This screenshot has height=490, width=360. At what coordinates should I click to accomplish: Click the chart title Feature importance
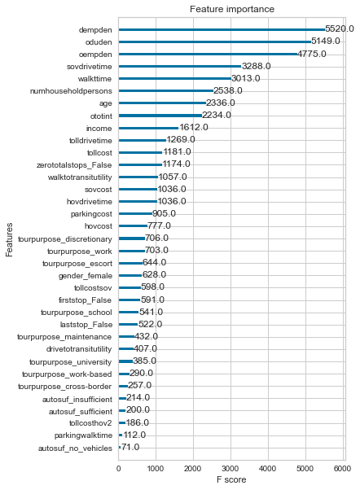coord(232,9)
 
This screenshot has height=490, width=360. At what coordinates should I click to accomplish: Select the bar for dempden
coord(222,29)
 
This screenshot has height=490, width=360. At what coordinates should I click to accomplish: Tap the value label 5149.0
coord(325,41)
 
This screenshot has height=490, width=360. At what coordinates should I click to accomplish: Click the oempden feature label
coord(95,55)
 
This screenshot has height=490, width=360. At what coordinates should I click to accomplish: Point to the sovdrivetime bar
coord(180,66)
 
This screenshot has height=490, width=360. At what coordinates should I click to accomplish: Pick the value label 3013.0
coord(245,78)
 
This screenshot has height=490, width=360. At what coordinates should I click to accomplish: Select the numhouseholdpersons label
coord(71,91)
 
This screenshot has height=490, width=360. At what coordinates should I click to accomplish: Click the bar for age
coord(162,103)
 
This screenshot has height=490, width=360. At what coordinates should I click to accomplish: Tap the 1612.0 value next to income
coord(194,127)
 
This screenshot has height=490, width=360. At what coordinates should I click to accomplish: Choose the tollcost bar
coord(140,152)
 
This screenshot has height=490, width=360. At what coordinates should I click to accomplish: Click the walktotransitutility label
coord(80,177)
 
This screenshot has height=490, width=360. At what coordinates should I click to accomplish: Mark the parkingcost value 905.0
coord(164,213)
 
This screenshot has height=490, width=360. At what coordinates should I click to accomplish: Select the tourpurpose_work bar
coord(132,251)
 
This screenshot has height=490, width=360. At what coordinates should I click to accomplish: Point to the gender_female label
coord(86,276)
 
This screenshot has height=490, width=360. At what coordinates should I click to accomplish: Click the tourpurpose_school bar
coord(129,312)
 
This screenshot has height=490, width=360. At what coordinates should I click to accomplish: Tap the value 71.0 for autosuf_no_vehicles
coord(130,447)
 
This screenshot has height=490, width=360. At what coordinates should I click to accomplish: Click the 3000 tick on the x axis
coord(230,469)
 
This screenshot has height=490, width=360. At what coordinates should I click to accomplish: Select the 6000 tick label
coord(342,469)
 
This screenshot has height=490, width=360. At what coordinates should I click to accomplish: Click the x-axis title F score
coord(231,479)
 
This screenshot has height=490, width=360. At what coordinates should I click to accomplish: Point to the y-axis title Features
coord(9,239)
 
